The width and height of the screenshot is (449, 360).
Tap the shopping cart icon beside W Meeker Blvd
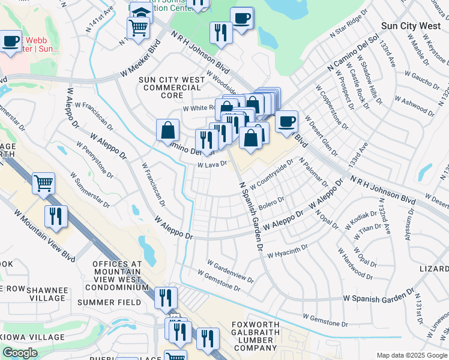tap(138, 28)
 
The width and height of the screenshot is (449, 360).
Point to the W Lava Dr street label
tap(211, 164)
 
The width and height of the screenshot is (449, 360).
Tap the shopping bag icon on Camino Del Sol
tap(167, 130)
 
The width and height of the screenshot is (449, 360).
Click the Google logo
tap(20, 353)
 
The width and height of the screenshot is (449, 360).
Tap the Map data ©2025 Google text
tap(412, 355)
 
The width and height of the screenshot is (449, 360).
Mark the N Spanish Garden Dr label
tap(252, 216)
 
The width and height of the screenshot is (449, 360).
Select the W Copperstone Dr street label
tap(334, 109)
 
